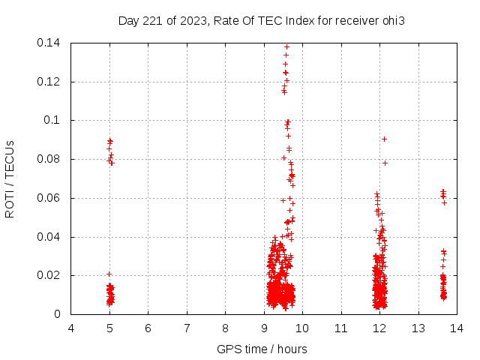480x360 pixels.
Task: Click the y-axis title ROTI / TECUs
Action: pos(10,178)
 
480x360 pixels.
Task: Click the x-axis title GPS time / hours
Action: pos(262,349)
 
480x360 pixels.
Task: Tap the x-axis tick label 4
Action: pos(71,328)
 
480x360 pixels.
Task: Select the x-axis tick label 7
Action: pos(187,328)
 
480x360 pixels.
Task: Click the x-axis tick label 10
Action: pos(302,328)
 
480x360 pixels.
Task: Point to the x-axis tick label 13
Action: pos(418,328)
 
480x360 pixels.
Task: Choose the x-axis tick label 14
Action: pos(456,328)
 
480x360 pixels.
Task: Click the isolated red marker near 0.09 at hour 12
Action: pos(384,139)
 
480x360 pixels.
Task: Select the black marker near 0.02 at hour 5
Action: pos(109,274)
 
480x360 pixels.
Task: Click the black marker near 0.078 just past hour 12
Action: pos(385,163)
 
